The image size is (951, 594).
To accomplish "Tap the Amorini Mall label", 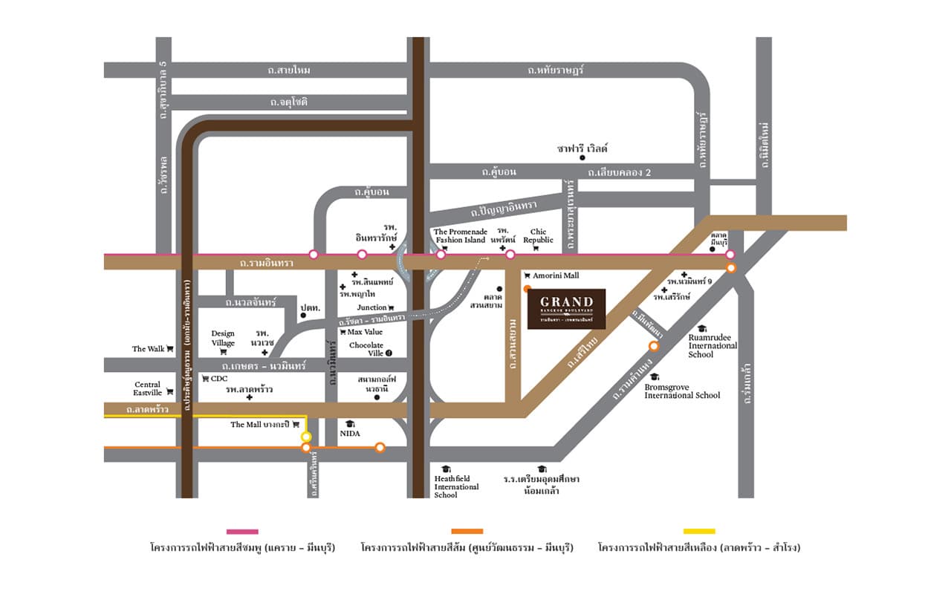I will [555, 275].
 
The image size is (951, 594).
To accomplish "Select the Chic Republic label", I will [538, 236].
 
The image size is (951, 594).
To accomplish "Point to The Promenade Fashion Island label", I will [460, 236].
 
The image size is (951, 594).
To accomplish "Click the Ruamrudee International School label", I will [713, 345].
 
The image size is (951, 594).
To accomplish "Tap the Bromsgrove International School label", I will [682, 391].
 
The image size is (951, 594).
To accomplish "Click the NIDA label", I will [350, 433].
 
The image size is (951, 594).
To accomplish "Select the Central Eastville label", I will [148, 388].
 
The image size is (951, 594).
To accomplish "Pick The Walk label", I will [149, 349].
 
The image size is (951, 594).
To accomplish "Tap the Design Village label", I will [223, 339].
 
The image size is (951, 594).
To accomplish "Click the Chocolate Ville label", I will [366, 349].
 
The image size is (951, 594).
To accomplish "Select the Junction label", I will [372, 307].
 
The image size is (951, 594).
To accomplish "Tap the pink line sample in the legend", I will [242, 532].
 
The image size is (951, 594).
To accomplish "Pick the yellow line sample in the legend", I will [699, 532].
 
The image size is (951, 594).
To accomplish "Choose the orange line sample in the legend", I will [467, 532].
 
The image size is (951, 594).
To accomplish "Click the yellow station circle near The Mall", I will [306, 437].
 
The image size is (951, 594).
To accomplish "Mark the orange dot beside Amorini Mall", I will [527, 288].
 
